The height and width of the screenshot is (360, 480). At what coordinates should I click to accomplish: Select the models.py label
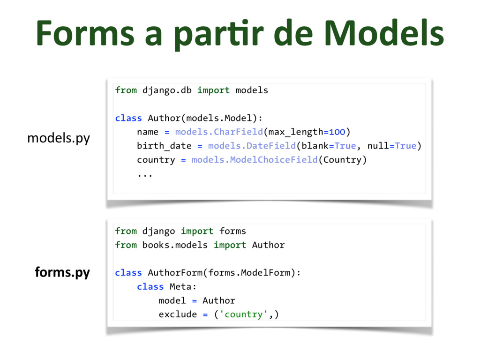(58, 138)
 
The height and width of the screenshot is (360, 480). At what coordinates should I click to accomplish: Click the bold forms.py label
(62, 272)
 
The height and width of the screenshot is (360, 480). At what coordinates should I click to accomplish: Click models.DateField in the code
(252, 146)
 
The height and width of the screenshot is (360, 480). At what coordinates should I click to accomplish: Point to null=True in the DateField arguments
(392, 146)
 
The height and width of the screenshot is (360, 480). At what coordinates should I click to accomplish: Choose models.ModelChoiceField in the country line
(255, 160)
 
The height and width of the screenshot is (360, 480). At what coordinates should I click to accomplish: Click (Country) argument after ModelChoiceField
(343, 160)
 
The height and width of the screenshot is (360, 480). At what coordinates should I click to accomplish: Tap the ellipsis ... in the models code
(145, 174)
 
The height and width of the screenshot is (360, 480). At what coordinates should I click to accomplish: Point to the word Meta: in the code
(183, 286)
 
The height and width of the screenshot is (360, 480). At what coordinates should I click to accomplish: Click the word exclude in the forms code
(178, 314)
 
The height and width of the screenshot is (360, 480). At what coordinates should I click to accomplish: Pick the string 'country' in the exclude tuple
(244, 314)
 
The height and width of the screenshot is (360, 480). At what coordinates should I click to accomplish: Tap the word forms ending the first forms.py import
(232, 231)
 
